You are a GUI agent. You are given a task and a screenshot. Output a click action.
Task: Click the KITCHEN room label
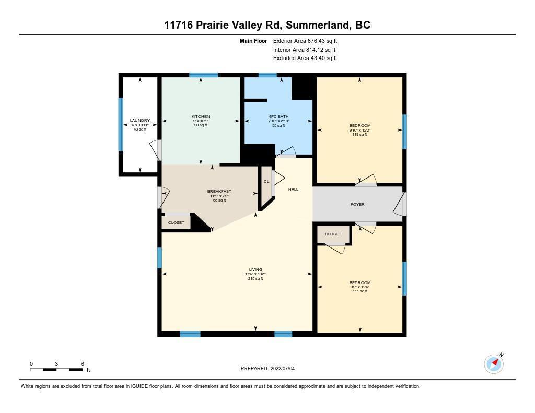coord(201,116)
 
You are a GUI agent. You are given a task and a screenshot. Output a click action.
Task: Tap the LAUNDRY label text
coord(140,121)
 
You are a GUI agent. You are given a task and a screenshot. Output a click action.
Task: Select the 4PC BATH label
coord(279,116)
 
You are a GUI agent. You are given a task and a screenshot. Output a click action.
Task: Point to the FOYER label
coord(357,204)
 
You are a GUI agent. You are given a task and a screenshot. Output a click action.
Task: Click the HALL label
coord(293,190)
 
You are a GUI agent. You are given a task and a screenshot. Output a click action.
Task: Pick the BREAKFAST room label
coord(219,191)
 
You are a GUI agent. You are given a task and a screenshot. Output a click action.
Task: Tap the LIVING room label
coord(255,269)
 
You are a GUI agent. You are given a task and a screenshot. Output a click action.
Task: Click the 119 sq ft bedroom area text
coord(359,134)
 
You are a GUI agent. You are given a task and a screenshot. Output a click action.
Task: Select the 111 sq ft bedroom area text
coord(360,291)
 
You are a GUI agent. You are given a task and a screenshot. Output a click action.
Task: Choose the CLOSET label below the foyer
coord(333,234)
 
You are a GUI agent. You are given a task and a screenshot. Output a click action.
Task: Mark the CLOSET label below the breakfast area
coord(176,223)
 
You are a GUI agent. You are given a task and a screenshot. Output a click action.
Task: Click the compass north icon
coord(494,363)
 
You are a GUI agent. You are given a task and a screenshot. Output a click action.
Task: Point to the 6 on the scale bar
coord(82,364)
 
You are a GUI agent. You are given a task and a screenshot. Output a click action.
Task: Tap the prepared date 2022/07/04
coord(283,368)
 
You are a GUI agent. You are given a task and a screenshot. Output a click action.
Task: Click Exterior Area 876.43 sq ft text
coord(305,41)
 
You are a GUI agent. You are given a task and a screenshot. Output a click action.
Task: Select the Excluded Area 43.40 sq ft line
coord(305,58)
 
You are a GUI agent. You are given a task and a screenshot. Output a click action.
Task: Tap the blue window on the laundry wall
coord(121,124)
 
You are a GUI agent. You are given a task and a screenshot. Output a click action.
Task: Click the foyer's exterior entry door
coord(400,204)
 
